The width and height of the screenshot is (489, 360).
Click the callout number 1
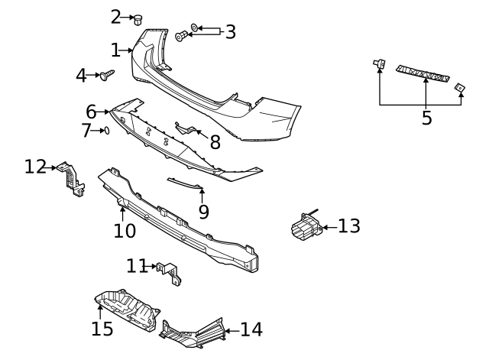point(115,50)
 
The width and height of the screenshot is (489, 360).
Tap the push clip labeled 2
point(138,20)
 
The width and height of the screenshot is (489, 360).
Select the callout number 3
point(230,32)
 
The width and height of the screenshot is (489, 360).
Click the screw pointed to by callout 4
point(107,75)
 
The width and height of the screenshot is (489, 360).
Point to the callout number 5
point(426,118)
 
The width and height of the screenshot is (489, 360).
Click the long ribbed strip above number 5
point(423,73)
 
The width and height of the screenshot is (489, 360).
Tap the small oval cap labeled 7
point(106,131)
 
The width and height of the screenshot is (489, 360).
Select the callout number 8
point(215,142)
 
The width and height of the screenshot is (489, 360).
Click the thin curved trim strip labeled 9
point(185,183)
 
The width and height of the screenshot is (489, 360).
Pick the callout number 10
point(125,231)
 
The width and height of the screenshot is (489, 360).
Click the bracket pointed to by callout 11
point(170,273)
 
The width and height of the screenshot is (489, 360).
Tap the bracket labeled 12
point(71,179)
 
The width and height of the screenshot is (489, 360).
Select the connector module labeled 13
point(306,225)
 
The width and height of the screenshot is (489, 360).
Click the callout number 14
point(251,329)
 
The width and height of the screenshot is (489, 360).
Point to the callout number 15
point(102,329)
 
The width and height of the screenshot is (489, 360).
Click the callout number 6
point(91,112)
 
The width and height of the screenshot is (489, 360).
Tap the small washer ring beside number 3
point(194,28)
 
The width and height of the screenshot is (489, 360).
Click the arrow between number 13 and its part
point(329,228)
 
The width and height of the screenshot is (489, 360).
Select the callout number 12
point(36,167)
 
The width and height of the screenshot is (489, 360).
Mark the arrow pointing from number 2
point(127,17)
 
